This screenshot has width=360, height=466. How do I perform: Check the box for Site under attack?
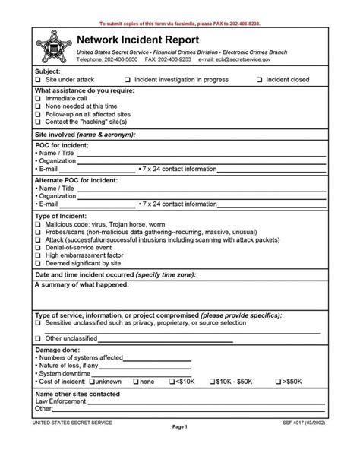37,79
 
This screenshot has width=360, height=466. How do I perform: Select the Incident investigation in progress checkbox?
127,79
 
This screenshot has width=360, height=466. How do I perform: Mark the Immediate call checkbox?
37,99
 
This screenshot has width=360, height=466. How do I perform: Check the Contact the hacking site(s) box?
37,122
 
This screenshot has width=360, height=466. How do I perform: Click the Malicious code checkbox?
37,226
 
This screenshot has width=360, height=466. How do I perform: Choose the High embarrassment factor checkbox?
37,256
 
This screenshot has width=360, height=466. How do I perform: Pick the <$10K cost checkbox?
172,381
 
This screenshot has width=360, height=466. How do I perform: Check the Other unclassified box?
37,338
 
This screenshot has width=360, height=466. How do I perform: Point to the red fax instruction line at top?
180,24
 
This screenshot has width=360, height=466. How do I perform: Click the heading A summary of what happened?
82,284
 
